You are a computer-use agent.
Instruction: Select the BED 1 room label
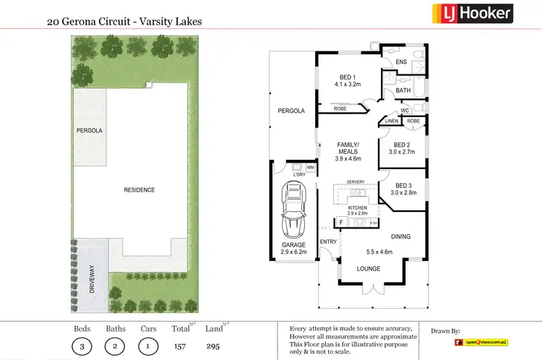(348, 80)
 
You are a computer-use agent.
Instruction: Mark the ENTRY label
(329, 241)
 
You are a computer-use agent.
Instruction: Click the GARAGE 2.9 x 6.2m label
(294, 249)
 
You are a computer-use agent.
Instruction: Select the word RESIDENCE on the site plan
(139, 189)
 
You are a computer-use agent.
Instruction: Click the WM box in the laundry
(310, 168)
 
